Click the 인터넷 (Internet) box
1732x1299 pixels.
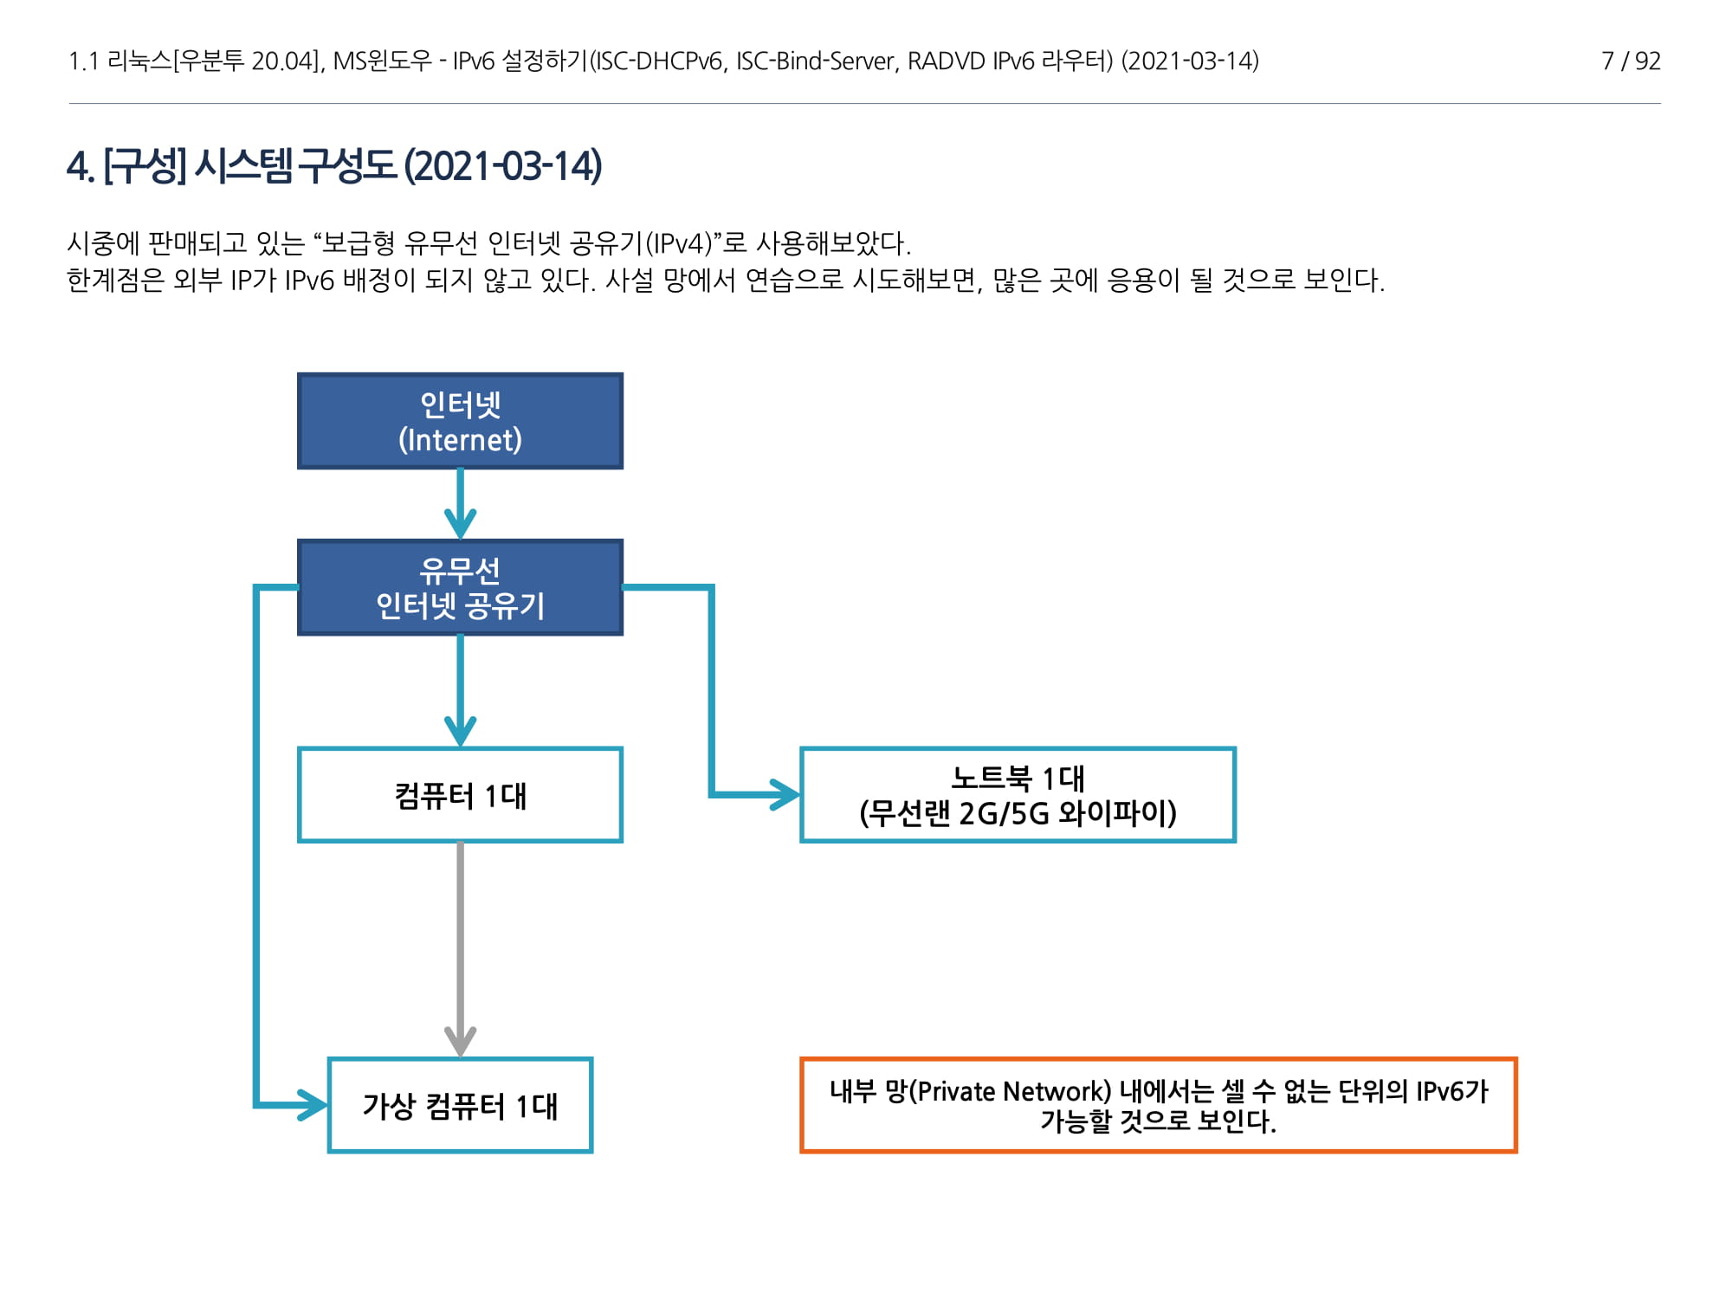point(460,421)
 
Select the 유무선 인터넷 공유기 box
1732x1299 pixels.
point(460,587)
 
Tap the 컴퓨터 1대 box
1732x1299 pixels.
point(460,794)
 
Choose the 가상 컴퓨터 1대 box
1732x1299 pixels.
point(460,1105)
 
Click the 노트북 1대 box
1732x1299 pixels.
point(1018,794)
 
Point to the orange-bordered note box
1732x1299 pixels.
point(1158,1105)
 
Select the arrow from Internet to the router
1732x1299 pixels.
point(460,502)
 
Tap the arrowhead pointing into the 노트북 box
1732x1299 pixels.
point(785,794)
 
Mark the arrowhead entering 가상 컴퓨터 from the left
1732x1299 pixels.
point(312,1105)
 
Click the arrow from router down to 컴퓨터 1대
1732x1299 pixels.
point(460,688)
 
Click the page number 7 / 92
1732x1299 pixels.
point(1631,61)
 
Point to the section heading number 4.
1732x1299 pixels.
point(80,166)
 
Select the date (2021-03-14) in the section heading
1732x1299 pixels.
point(502,166)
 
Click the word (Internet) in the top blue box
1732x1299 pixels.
point(460,440)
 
